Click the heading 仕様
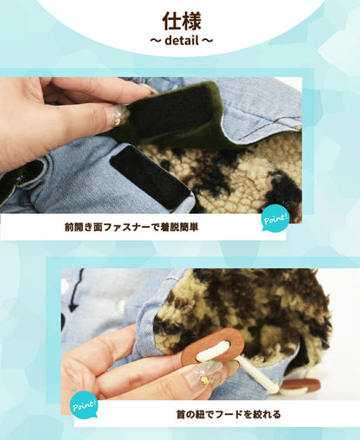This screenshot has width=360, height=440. point(182,21)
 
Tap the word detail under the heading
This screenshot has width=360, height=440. point(182,41)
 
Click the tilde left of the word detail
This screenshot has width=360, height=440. point(155,41)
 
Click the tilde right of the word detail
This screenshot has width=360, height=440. point(207,41)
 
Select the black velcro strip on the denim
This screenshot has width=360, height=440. point(150,177)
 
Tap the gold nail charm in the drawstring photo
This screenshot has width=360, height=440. point(205,380)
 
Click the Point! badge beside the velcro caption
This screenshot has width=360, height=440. point(275,218)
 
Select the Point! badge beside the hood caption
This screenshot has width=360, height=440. point(84,404)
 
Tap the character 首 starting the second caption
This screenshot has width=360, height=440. point(181,414)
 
